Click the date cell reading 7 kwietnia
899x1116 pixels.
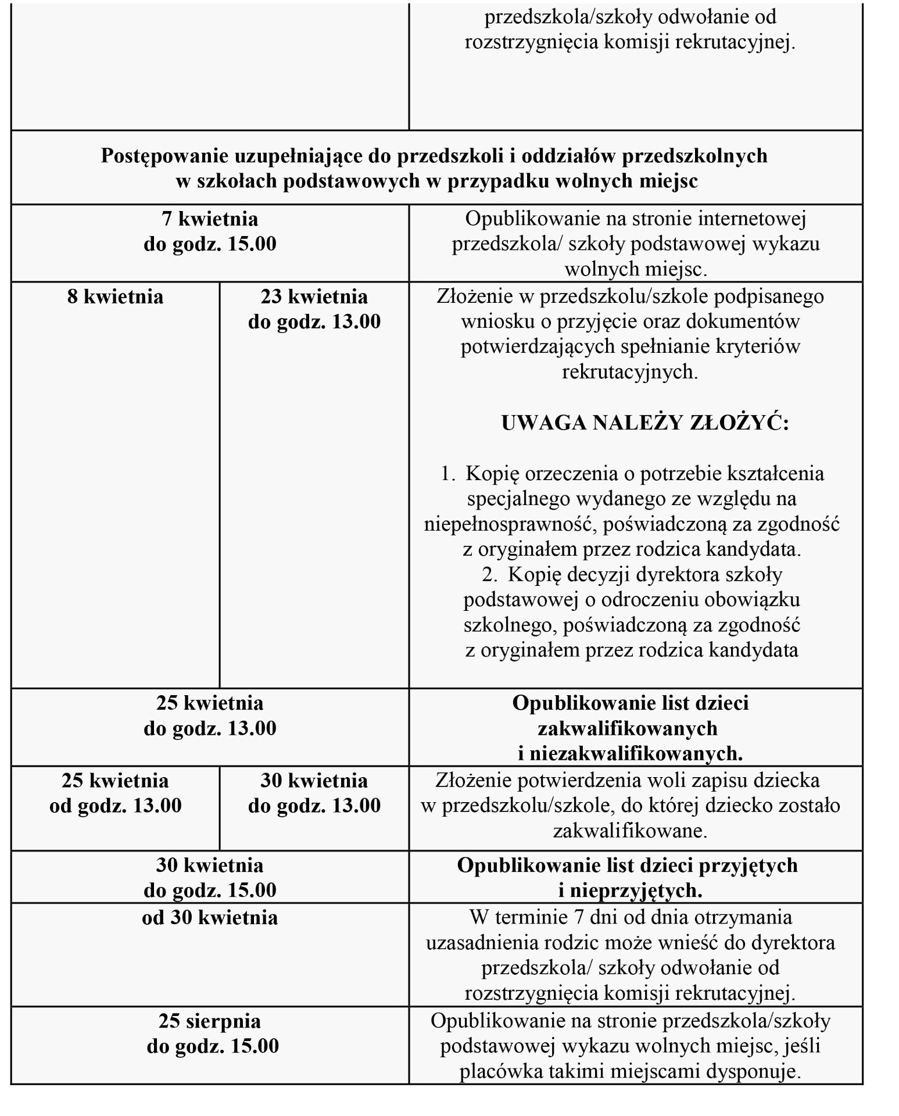coord(210,219)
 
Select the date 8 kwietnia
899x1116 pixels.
coord(115,297)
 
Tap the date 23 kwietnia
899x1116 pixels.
coord(314,297)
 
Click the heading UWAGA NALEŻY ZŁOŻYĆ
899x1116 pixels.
coord(645,423)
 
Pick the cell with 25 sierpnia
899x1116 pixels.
coord(210,1021)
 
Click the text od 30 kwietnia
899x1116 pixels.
coord(210,918)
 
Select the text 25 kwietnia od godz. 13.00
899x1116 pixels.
coord(115,793)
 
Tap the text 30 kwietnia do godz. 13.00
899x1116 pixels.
coord(314,793)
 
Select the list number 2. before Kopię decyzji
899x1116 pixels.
coord(490,574)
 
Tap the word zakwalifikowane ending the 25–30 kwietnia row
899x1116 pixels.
coord(630,831)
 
